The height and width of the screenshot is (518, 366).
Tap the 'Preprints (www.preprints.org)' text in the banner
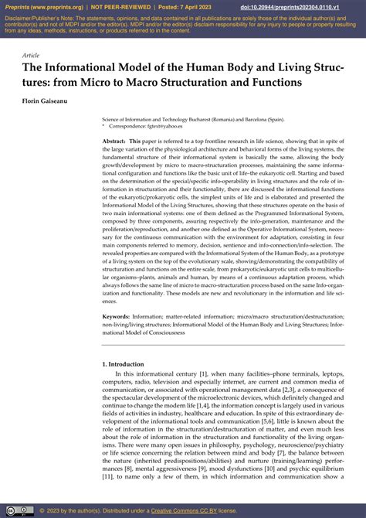point(42,6)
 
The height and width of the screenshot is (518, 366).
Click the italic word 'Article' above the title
point(31,56)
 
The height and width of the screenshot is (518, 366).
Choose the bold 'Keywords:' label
point(116,315)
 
